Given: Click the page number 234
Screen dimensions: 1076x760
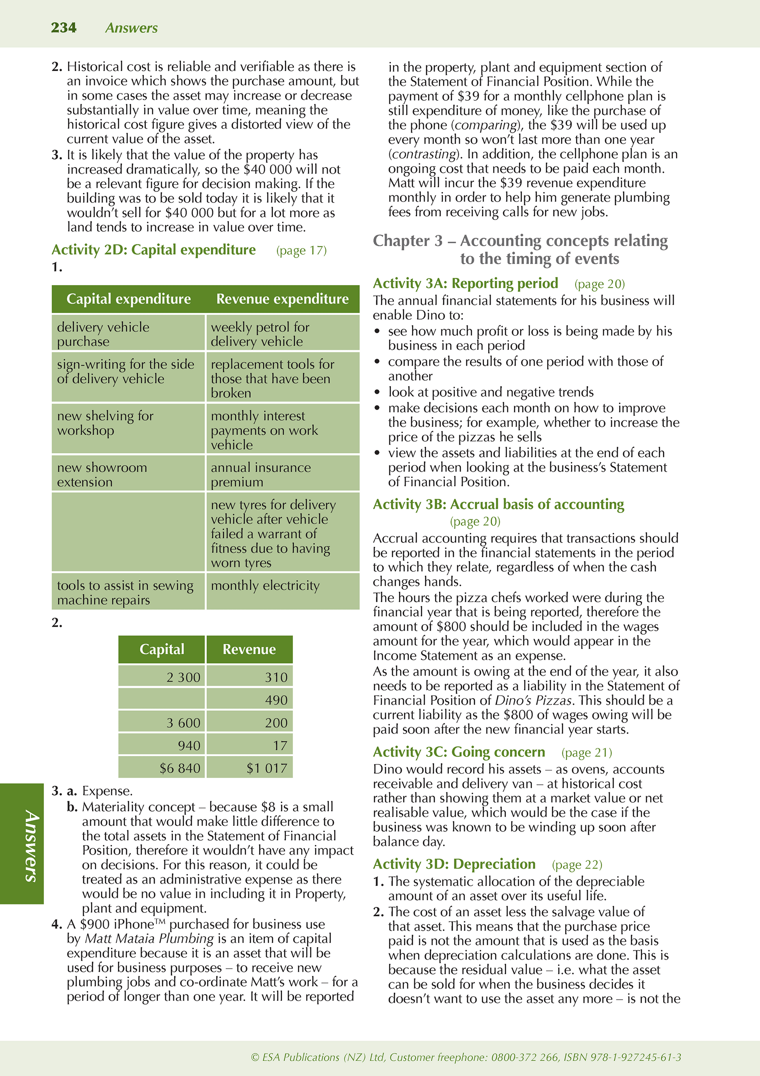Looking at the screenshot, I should (64, 28).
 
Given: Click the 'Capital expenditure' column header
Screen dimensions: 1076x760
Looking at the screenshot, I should (128, 299).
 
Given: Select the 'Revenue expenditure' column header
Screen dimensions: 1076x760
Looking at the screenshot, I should (282, 299).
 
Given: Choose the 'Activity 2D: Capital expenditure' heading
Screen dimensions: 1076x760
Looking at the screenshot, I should (154, 250).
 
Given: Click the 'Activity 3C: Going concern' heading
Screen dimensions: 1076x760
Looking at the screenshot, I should (459, 752).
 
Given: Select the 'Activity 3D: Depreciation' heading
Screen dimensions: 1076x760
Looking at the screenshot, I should (454, 864).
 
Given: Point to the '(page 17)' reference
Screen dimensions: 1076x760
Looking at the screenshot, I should (301, 251).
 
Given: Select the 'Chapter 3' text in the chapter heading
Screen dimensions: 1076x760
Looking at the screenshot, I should (408, 241).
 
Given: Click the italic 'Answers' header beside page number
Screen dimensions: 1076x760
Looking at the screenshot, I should (131, 28).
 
